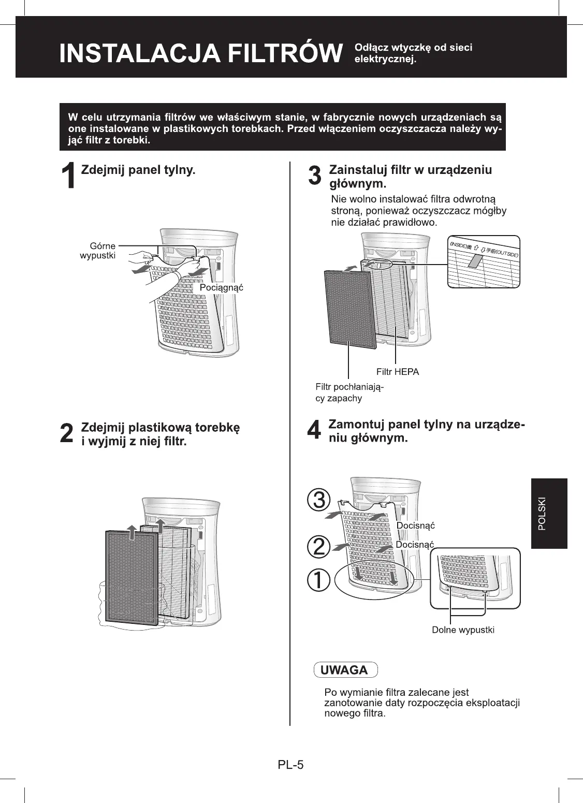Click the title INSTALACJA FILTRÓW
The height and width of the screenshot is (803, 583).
[x=201, y=54]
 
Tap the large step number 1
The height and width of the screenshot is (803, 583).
[x=70, y=176]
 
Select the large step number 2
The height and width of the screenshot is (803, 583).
[x=67, y=433]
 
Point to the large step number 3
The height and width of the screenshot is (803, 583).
[x=315, y=176]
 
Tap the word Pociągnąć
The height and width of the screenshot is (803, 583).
[x=221, y=288]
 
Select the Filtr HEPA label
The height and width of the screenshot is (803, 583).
[x=398, y=372]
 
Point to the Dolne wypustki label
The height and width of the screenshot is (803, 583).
[x=463, y=630]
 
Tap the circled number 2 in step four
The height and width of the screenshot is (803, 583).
[x=319, y=546]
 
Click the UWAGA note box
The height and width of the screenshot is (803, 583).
[x=345, y=670]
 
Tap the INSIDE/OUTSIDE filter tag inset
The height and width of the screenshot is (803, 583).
[x=483, y=261]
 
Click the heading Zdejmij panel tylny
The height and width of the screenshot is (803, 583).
[x=138, y=170]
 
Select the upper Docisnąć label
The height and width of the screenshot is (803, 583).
[x=415, y=526]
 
